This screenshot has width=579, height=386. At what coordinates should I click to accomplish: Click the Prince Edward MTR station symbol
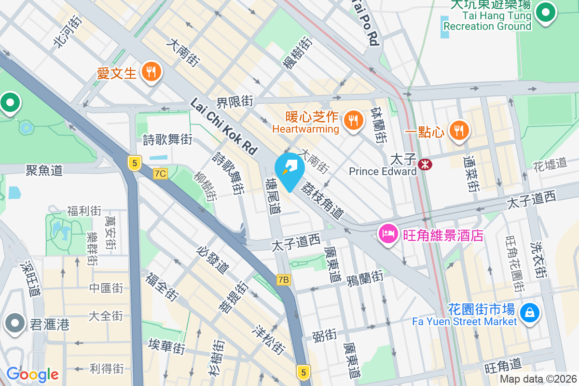pyautogui.click(x=425, y=164)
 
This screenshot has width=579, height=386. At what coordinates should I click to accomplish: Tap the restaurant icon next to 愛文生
pyautogui.click(x=152, y=72)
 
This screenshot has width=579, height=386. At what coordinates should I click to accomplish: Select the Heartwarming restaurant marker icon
pyautogui.click(x=354, y=121)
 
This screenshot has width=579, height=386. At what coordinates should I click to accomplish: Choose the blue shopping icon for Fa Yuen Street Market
pyautogui.click(x=529, y=314)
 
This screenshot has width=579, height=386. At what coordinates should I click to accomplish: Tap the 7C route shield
pyautogui.click(x=161, y=173)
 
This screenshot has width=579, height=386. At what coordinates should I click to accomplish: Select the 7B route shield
pyautogui.click(x=284, y=279)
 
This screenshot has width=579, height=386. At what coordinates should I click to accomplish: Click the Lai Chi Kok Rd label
pyautogui.click(x=224, y=126)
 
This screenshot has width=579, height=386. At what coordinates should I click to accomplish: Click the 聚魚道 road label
pyautogui.click(x=44, y=170)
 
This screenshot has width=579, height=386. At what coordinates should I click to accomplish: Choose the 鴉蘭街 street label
pyautogui.click(x=365, y=277)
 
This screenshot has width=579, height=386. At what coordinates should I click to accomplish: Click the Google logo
pyautogui.click(x=32, y=374)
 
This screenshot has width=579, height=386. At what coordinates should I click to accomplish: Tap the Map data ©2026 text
pyautogui.click(x=538, y=379)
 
